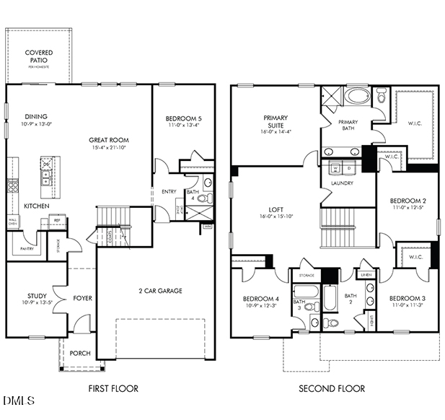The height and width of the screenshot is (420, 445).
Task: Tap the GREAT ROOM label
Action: (x=109, y=140)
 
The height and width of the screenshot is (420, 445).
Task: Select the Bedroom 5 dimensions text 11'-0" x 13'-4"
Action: (x=183, y=126)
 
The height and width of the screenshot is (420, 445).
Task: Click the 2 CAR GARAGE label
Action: (x=160, y=291)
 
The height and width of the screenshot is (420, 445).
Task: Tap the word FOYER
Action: (x=82, y=297)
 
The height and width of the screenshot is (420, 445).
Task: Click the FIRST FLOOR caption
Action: (x=113, y=388)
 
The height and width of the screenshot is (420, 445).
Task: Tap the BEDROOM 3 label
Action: (x=407, y=298)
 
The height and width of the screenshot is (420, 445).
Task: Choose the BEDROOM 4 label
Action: (x=261, y=298)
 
